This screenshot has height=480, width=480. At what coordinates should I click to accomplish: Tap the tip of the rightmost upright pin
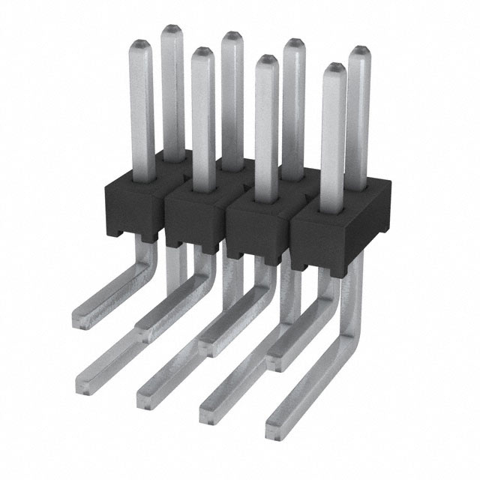coord(360,51)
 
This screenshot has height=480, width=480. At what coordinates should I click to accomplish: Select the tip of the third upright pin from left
coord(200,53)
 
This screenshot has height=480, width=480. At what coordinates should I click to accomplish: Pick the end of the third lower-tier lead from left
coord(207,403)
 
